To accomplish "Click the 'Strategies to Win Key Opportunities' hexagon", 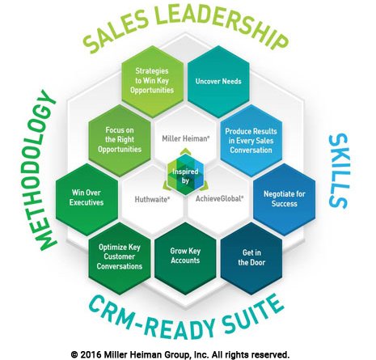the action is [x=152, y=81].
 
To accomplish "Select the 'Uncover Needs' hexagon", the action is [x=218, y=81].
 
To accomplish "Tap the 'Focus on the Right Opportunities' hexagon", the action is [x=120, y=140].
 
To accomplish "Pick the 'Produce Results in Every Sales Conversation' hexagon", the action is [x=251, y=141].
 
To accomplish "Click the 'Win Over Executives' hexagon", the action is [x=87, y=198].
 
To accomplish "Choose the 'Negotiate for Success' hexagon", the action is [x=285, y=199].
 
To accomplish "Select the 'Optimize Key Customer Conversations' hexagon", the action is [x=120, y=258].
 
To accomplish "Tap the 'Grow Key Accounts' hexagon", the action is [x=185, y=258].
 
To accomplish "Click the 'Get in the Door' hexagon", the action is [x=251, y=258].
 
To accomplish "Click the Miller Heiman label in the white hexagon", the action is [x=186, y=138].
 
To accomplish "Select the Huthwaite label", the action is [x=152, y=199].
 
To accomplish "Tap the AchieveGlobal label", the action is [x=219, y=198].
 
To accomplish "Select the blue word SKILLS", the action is [x=339, y=172].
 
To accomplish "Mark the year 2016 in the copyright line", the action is [x=91, y=354].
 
